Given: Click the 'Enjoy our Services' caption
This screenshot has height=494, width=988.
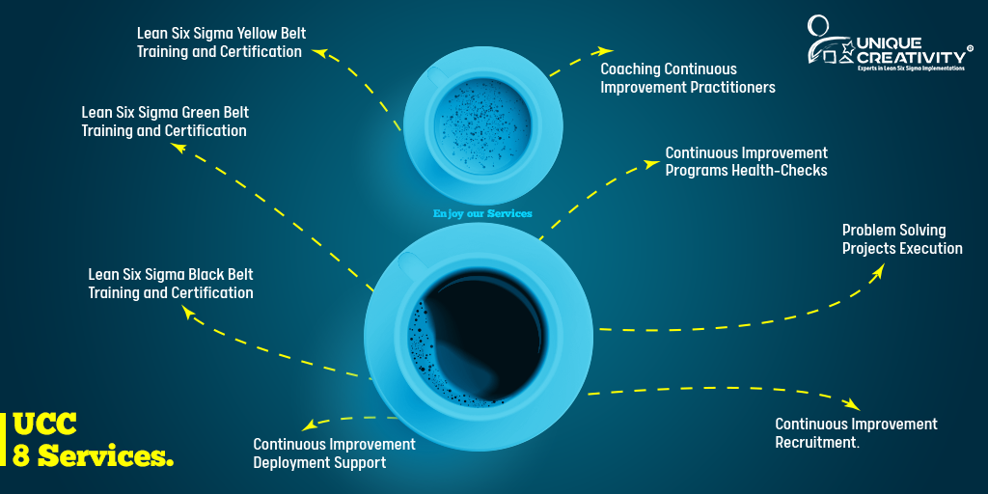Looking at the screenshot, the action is (482, 213).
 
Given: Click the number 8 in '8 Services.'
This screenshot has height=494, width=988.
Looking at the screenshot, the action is (22, 455).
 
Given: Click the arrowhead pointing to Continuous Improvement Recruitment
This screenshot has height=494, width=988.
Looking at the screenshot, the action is (852, 404).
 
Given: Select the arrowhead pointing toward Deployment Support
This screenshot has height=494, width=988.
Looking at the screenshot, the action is (308, 425).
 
